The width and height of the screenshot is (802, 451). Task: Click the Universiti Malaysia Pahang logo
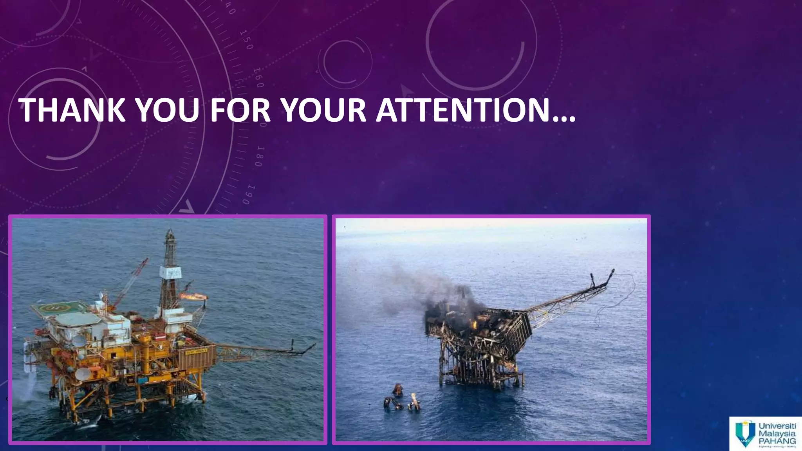tap(765, 434)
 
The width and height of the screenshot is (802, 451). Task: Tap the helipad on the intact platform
tap(59, 308)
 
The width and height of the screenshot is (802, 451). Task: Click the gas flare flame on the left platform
tap(192, 296)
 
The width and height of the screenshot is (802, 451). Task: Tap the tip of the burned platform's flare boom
tap(612, 272)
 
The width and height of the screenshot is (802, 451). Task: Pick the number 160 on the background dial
tap(258, 78)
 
